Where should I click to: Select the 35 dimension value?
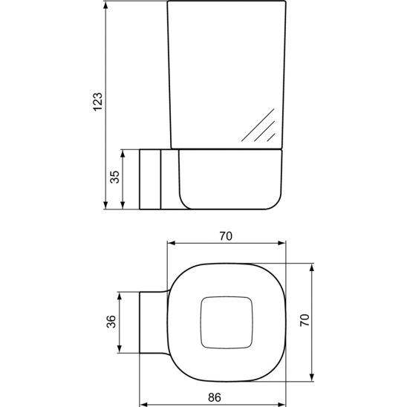click(114, 178)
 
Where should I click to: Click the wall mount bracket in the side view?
click(151, 178)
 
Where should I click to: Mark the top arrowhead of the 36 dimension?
click(123, 294)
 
